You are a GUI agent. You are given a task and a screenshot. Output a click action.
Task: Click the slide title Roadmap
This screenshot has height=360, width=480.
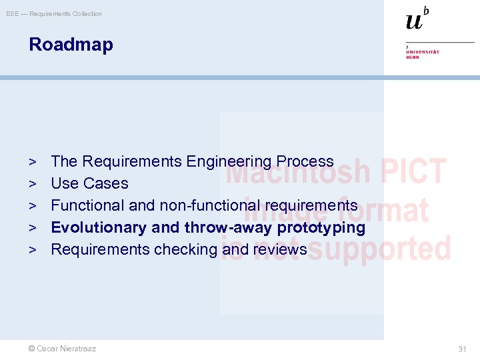[71, 45]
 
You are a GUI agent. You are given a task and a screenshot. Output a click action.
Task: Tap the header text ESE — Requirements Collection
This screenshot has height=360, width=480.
[54, 14]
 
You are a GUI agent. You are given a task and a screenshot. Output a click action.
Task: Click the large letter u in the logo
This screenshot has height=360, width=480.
[414, 21]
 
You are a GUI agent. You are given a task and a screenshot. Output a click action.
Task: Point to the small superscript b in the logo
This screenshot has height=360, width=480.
[426, 10]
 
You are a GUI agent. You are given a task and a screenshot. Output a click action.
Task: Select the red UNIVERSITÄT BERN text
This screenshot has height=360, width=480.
[423, 54]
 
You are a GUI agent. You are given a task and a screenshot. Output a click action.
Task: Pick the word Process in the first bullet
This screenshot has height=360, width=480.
[305, 161]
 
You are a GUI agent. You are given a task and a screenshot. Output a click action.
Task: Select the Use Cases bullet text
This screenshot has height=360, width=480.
[89, 183]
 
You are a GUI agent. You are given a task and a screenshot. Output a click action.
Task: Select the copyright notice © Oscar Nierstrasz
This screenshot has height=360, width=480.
[62, 349]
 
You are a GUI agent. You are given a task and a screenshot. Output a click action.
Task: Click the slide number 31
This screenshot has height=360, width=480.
[462, 349]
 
